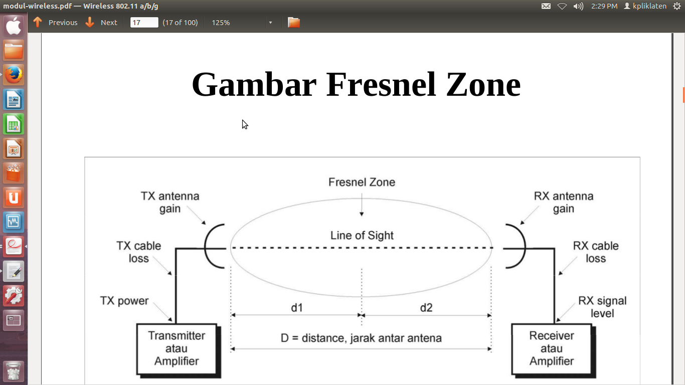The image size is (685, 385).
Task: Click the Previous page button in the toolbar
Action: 56,23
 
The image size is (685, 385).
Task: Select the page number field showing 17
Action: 144,23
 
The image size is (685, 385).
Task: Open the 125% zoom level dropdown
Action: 270,23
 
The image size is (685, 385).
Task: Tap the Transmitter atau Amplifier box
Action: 177,348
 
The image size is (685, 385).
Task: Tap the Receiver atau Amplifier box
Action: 552,348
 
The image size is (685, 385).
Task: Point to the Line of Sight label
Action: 362,235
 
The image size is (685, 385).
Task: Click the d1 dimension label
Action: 297,307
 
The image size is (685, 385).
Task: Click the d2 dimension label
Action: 426,307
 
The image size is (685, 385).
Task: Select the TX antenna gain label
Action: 170,203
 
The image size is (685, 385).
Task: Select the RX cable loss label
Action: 596,252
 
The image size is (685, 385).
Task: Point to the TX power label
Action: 124,301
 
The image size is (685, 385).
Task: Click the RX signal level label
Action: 602,307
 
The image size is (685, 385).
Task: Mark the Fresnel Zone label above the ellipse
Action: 362,182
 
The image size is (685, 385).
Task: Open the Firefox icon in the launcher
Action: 14,75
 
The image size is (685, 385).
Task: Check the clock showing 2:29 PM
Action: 604,6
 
